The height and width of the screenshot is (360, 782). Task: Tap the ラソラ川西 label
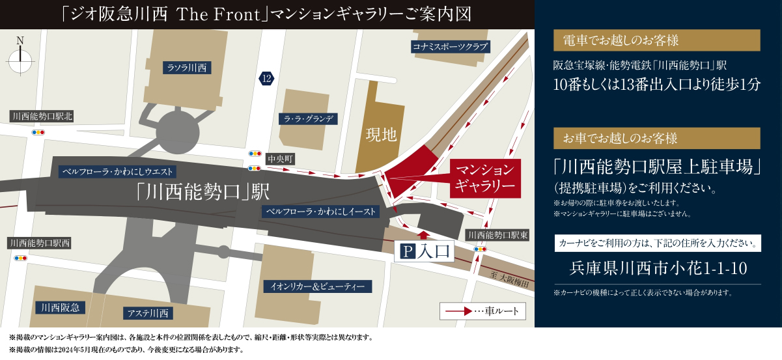186,67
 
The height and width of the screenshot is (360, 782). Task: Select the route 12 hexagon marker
266,79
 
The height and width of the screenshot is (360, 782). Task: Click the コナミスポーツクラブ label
450,47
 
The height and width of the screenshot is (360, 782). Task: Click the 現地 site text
380,135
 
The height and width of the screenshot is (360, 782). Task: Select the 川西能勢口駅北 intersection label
42,117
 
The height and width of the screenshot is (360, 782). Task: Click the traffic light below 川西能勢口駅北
38,132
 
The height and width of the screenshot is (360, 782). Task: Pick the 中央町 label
281,158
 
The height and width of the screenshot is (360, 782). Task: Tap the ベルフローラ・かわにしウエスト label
118,172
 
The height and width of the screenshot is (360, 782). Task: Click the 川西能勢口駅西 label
40,243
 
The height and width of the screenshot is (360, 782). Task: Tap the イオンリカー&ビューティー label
318,286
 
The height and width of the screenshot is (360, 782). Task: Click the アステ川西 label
147,313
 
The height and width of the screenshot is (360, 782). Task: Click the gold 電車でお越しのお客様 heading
656,40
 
